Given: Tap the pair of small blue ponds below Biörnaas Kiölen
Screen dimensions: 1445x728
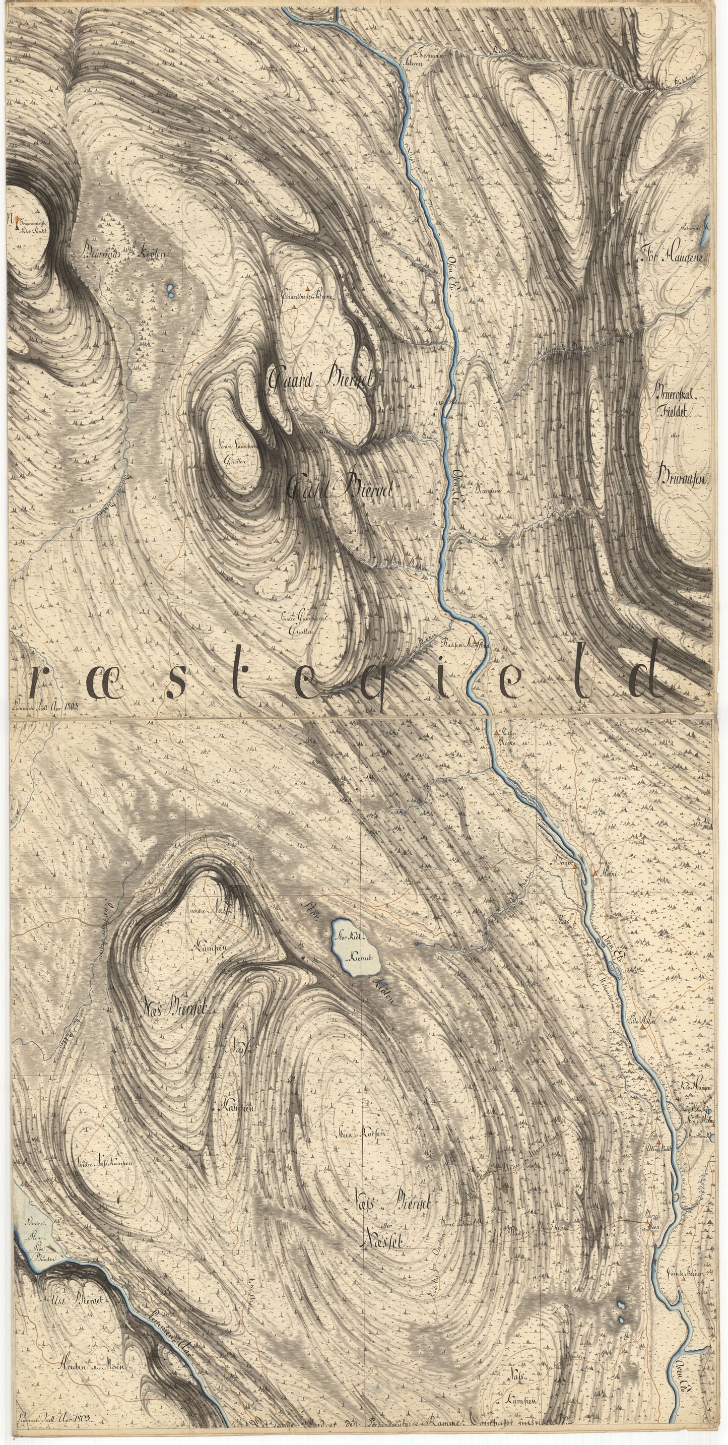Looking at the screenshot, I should click(169, 291).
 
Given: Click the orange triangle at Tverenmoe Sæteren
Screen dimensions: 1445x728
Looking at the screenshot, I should click(415, 53).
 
